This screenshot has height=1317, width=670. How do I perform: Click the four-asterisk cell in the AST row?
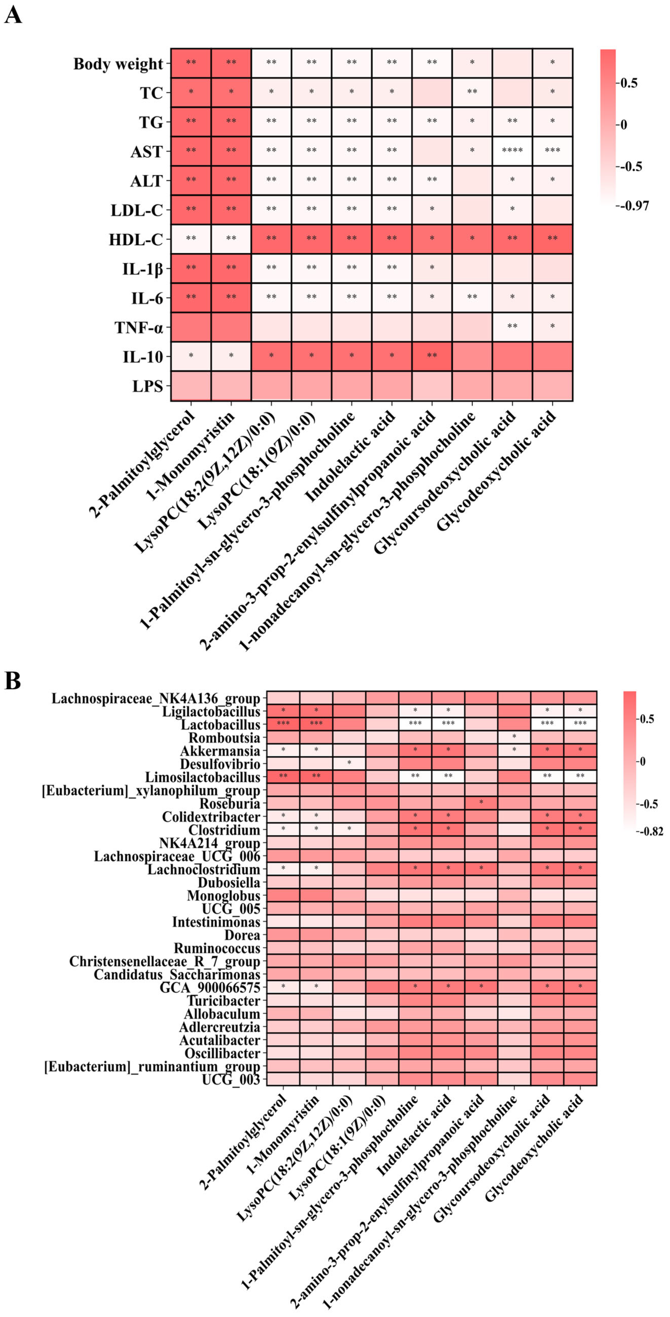(x=512, y=151)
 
